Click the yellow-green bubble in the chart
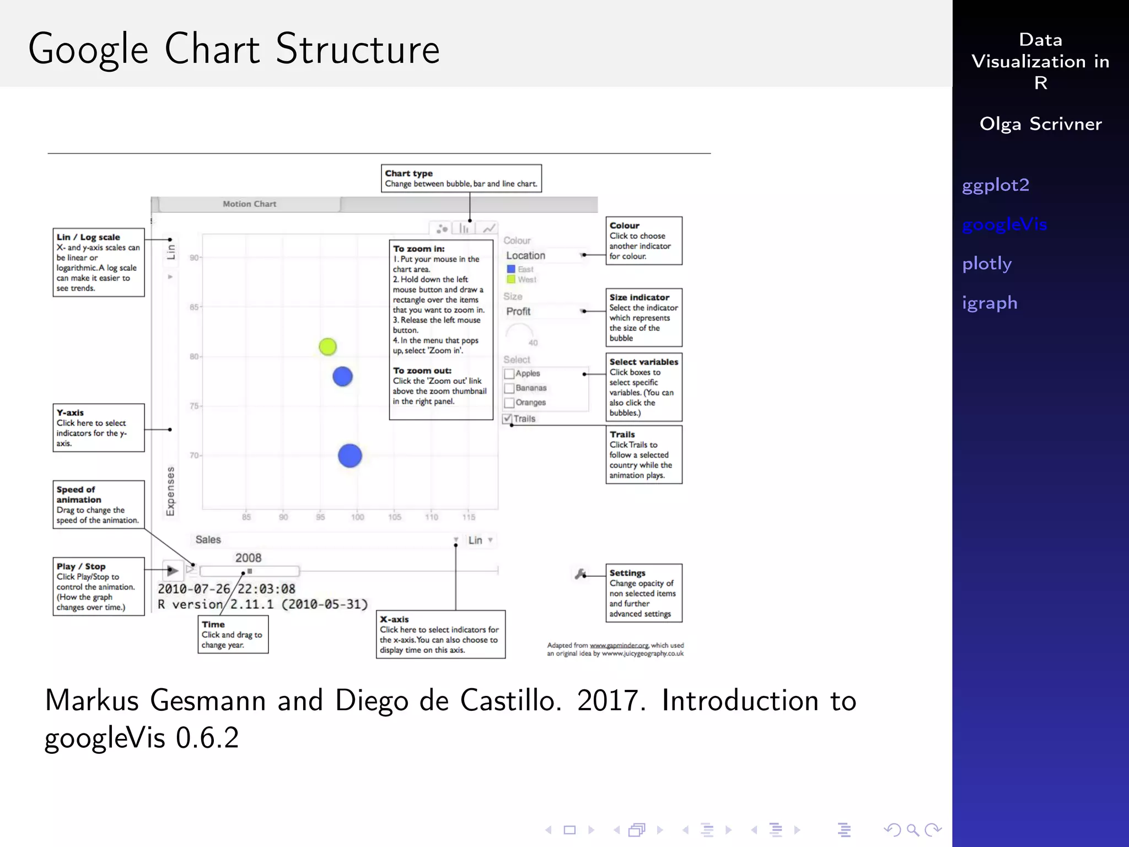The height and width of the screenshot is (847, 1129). [327, 346]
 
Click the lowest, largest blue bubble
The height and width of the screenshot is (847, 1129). [350, 455]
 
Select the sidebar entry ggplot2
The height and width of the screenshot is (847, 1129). [995, 185]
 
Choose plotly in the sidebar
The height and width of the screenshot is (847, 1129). [987, 264]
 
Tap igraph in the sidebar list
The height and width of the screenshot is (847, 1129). [990, 303]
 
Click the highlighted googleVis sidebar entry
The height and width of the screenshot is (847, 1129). [1004, 224]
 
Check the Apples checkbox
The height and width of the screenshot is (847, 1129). [509, 374]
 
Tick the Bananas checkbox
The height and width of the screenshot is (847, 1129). [509, 388]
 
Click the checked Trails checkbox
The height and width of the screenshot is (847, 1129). [508, 419]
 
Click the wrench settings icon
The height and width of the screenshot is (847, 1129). [580, 574]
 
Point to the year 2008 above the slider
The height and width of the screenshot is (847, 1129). [248, 558]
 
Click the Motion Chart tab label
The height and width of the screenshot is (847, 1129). [249, 204]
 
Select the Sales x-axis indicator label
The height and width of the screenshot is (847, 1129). [208, 540]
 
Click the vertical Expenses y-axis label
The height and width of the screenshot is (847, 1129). [170, 491]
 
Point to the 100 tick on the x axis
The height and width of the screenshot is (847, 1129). [357, 517]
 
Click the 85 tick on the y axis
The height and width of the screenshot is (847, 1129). [194, 307]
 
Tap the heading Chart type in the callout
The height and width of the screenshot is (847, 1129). [408, 174]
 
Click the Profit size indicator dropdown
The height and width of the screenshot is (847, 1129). [545, 312]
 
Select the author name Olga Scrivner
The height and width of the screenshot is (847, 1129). [1040, 124]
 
